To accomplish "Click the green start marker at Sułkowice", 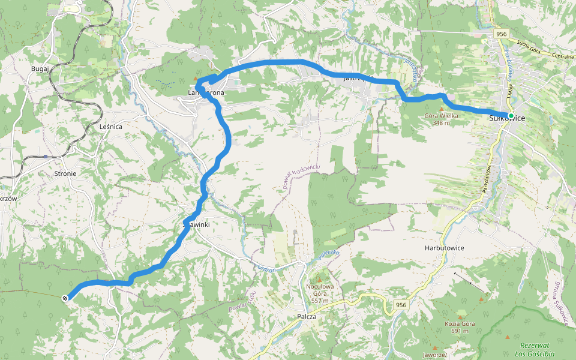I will [x=511, y=115].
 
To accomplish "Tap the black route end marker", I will [x=65, y=297].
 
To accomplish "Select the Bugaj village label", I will [x=40, y=69].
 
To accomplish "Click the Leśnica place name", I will [x=111, y=127].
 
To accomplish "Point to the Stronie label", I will [x=65, y=173].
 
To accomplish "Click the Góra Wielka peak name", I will [x=441, y=116].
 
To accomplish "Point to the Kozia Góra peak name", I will [x=460, y=324].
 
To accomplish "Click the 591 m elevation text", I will [x=460, y=331].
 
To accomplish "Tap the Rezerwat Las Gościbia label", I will [x=535, y=349].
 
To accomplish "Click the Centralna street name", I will [x=563, y=56].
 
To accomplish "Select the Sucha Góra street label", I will [x=529, y=44].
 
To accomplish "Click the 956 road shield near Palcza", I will [x=401, y=305].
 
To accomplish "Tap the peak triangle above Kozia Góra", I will [x=460, y=317].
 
